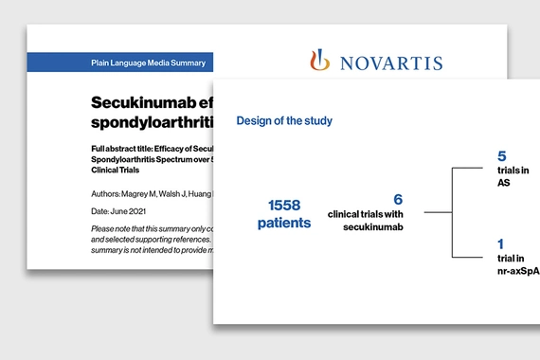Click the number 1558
[x=288, y=205]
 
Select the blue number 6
[x=398, y=200]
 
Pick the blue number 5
[x=502, y=154]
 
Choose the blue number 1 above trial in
[x=501, y=244]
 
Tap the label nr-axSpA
[x=518, y=271]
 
